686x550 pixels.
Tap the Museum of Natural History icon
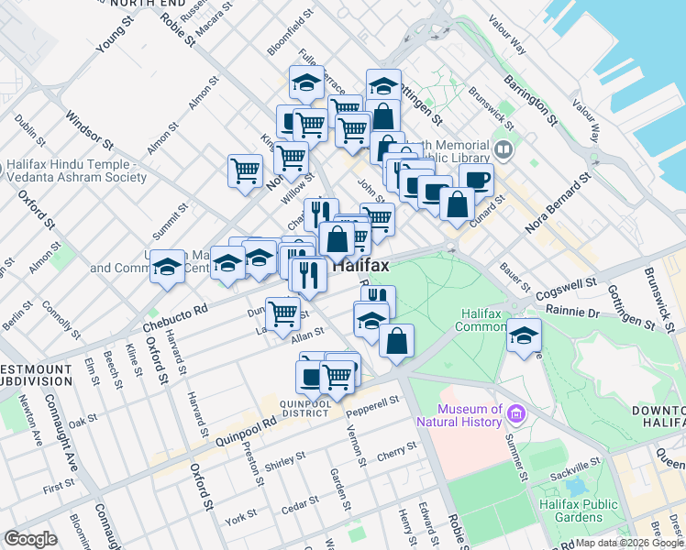515,415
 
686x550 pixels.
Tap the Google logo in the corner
30,539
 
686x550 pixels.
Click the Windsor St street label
88,131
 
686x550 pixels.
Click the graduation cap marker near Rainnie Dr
525,335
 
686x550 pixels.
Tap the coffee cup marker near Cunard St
475,179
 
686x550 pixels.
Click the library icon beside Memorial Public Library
502,149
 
